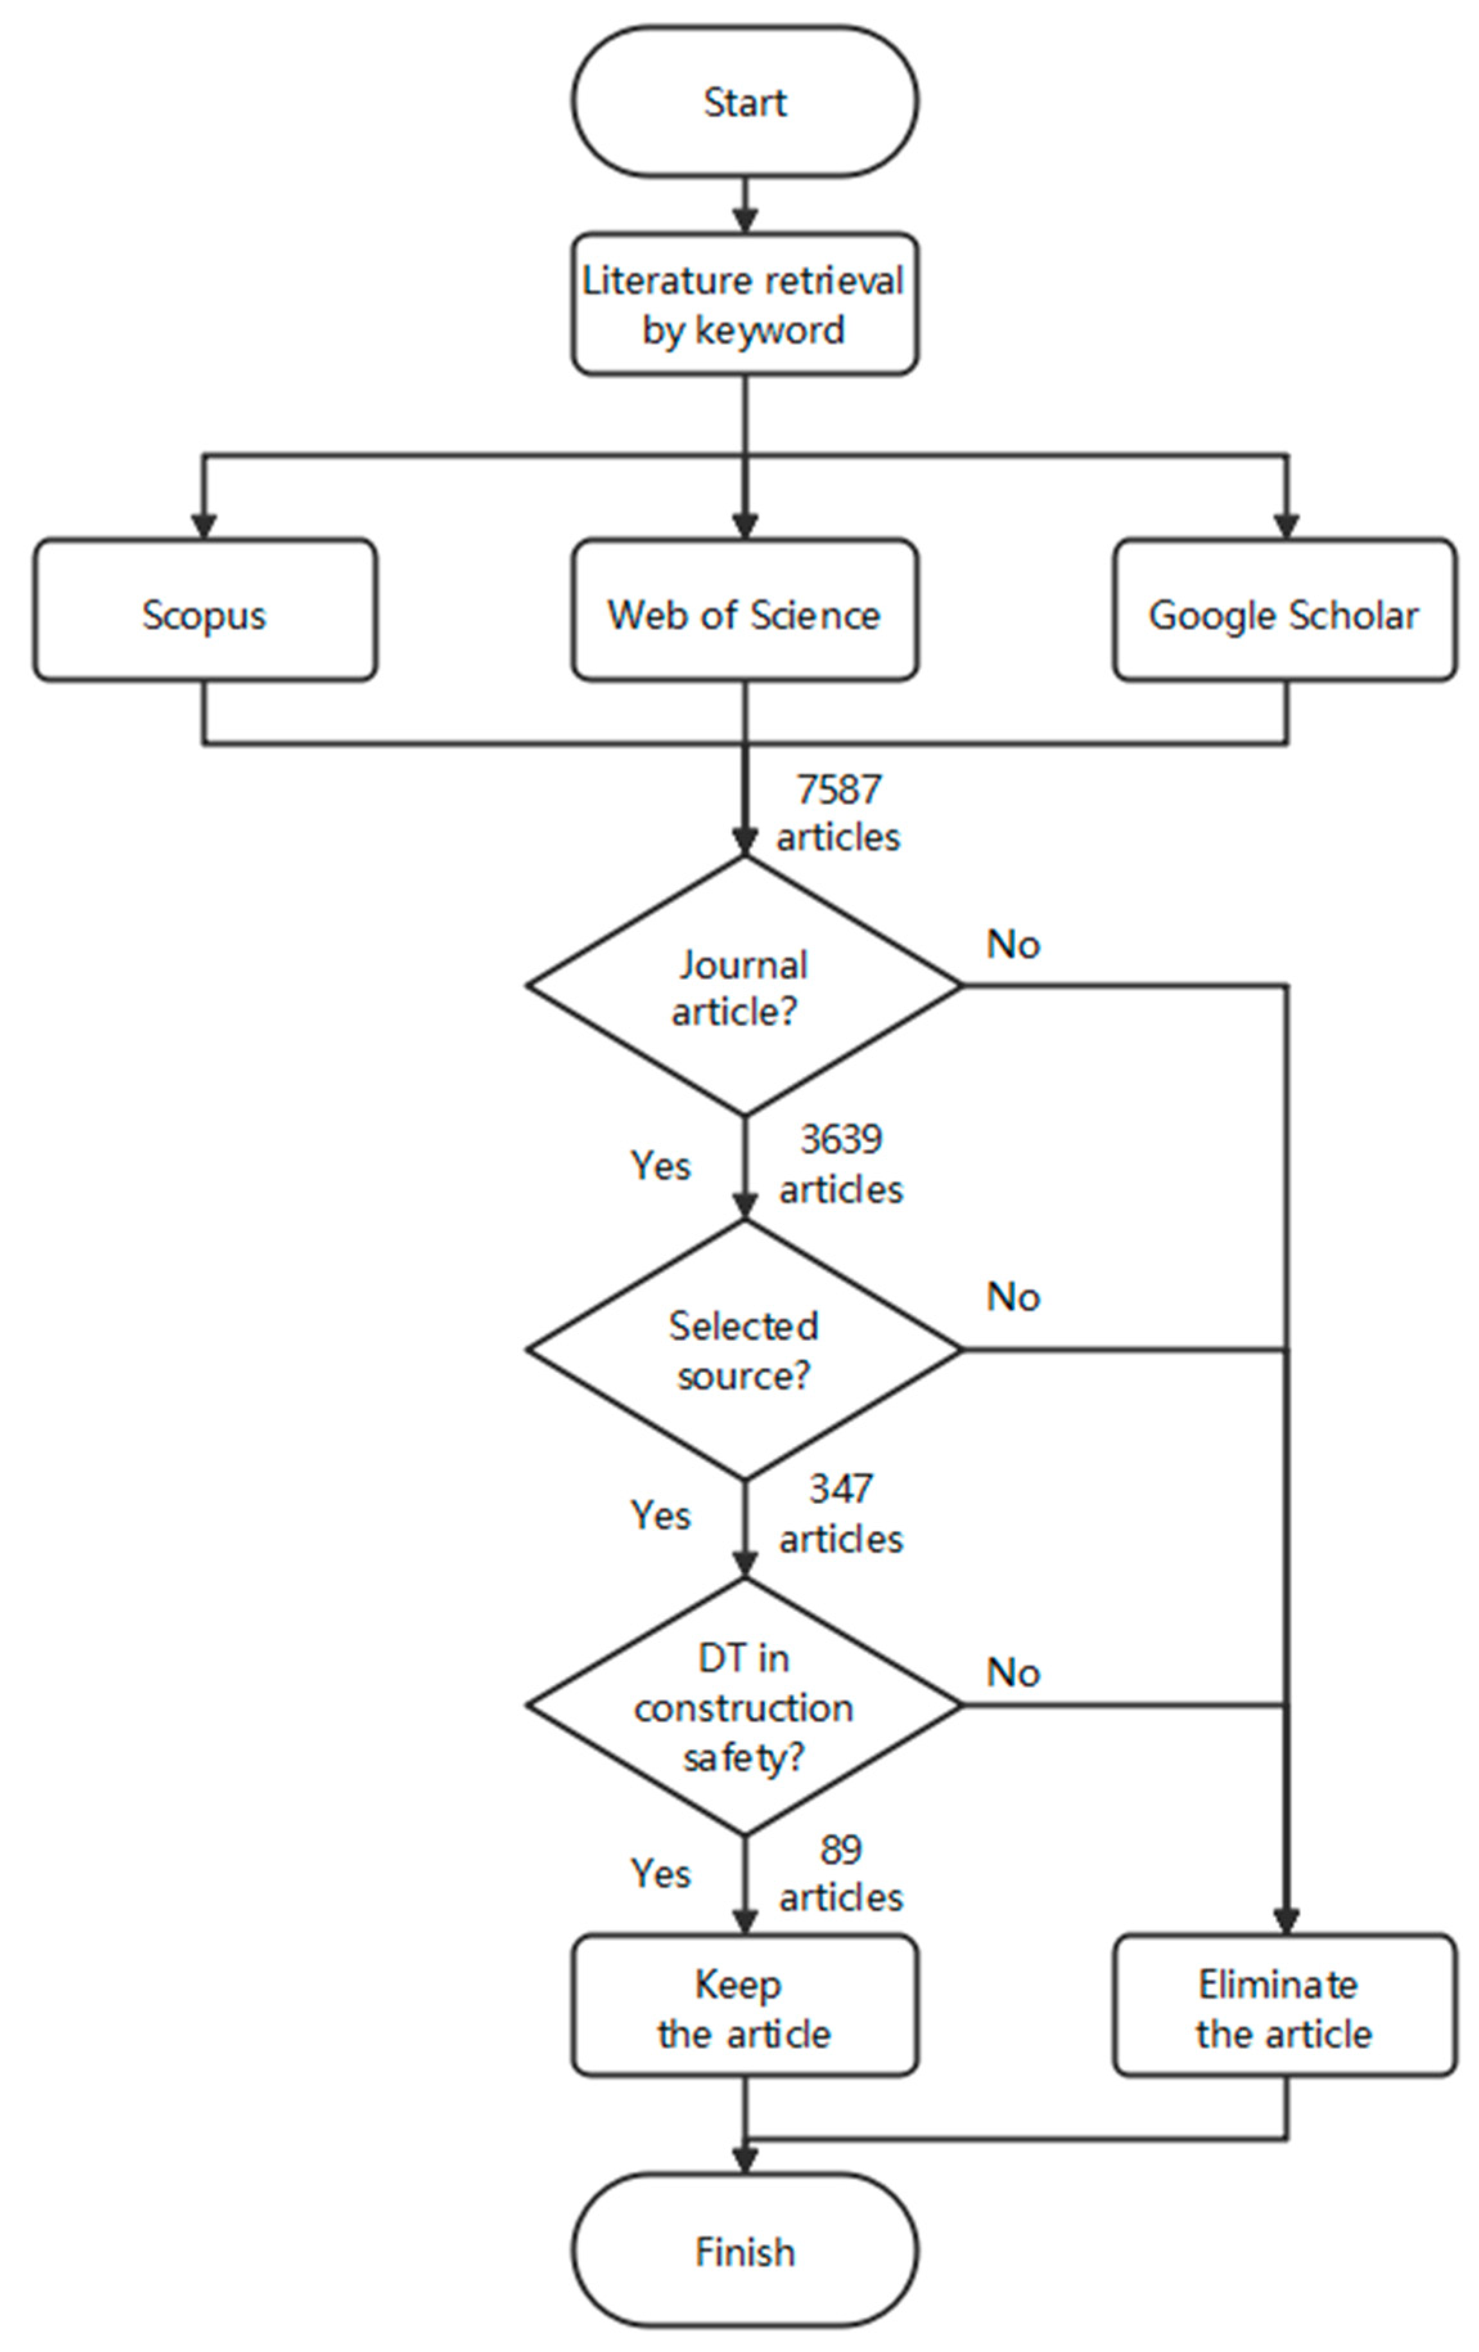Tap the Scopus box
pos(204,610)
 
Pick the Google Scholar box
pos(1284,610)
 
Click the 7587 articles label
pos(838,813)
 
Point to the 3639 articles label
pos(840,1163)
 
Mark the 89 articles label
pos(840,1873)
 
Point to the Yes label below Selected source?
pos(660,1515)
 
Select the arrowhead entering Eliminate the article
pos(1286,1922)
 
